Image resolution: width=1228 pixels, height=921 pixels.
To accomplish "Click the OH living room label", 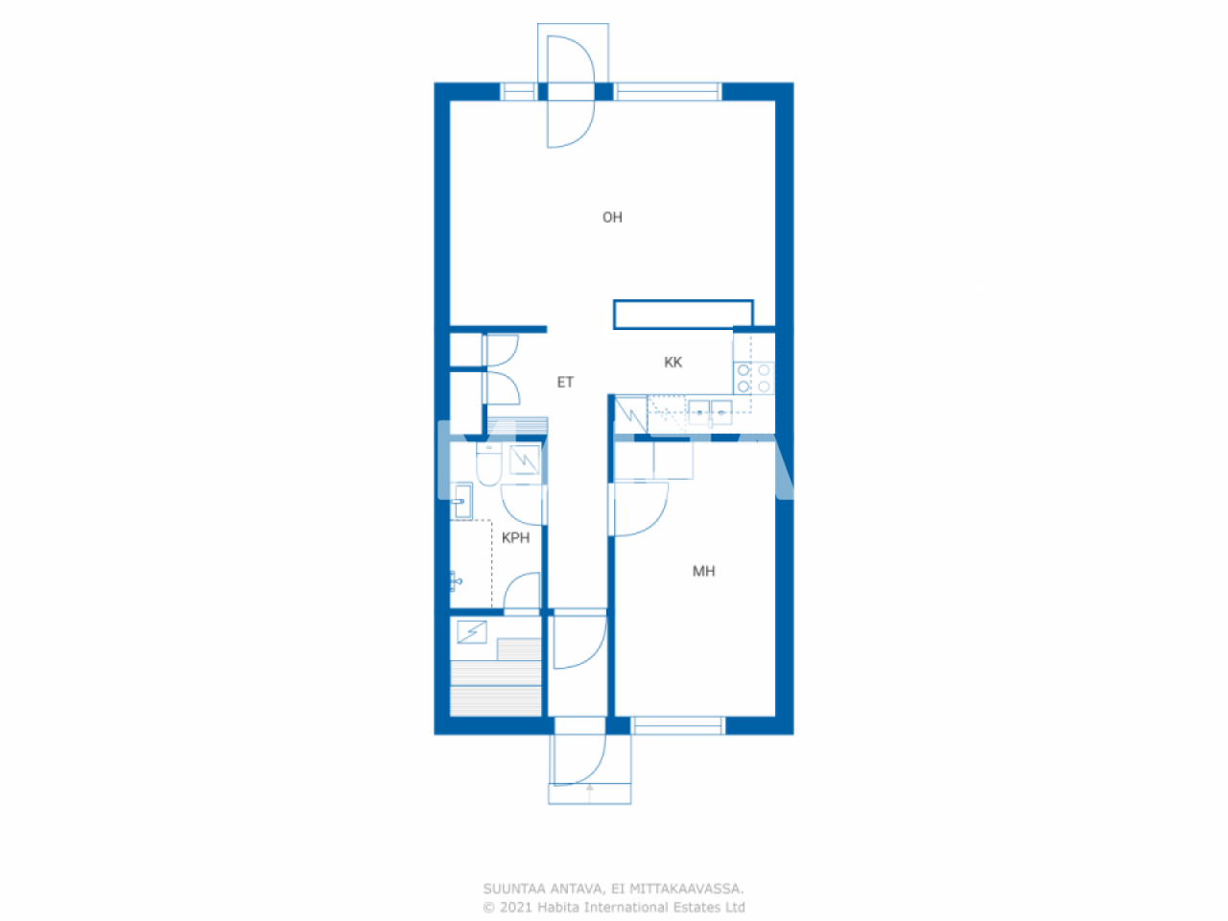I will (x=612, y=218).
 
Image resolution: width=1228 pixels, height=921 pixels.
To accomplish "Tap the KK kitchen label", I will (x=673, y=363).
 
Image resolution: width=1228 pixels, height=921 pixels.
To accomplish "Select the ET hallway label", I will (x=565, y=383).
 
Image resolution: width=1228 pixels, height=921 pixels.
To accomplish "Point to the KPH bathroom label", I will (x=515, y=538).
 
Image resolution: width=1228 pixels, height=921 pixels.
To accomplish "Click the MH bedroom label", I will (x=703, y=572).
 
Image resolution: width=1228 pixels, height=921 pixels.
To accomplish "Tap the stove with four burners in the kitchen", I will (x=754, y=378).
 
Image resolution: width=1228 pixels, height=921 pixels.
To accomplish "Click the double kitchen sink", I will (x=710, y=412).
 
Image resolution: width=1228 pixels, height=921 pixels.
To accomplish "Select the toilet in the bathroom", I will (x=487, y=465).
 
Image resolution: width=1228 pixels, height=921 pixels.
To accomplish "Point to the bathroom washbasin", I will (x=461, y=501).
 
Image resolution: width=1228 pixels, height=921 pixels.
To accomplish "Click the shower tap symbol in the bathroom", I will (x=457, y=579).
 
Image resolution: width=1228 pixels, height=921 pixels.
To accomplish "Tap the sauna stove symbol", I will (x=471, y=631).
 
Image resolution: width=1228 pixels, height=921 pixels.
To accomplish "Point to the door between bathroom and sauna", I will (x=522, y=590).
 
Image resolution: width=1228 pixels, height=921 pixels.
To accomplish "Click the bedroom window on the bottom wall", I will (x=677, y=725).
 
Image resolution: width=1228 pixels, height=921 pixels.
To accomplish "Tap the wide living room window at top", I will (x=667, y=92).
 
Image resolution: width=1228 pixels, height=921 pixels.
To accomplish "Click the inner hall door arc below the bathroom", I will (x=579, y=641).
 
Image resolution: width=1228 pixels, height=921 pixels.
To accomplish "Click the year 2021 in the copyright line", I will (x=516, y=908).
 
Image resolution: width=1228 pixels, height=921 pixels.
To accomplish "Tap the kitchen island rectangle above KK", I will (x=683, y=314).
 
